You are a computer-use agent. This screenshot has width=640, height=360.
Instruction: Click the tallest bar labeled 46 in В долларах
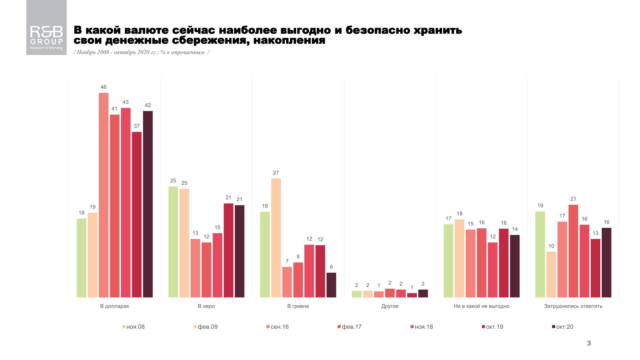[x=104, y=195]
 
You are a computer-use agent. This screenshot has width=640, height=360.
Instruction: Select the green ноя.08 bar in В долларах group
[x=82, y=258]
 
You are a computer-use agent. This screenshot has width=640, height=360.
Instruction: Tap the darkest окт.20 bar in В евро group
[x=239, y=251]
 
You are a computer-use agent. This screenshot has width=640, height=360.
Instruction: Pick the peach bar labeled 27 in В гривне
[x=276, y=238]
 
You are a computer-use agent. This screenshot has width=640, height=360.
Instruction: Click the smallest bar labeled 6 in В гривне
[x=331, y=285]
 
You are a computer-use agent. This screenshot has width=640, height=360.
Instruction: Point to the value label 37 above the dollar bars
[x=137, y=126]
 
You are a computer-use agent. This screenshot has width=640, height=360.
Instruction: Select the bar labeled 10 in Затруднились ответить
[x=551, y=275]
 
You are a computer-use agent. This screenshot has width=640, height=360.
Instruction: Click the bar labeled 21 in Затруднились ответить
[x=573, y=251]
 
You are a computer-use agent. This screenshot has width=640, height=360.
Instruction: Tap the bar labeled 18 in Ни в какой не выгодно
[x=460, y=259]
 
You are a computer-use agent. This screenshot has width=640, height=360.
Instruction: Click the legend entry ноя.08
[x=134, y=327]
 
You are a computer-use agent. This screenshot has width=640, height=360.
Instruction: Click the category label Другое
[x=390, y=306]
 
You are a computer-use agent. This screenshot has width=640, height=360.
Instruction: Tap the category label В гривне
[x=298, y=306]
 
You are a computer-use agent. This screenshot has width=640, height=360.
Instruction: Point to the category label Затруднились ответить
[x=573, y=306]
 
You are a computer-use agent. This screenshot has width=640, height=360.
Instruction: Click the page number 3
[x=589, y=343]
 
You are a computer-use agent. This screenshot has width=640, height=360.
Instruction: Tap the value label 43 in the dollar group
[x=125, y=102]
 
